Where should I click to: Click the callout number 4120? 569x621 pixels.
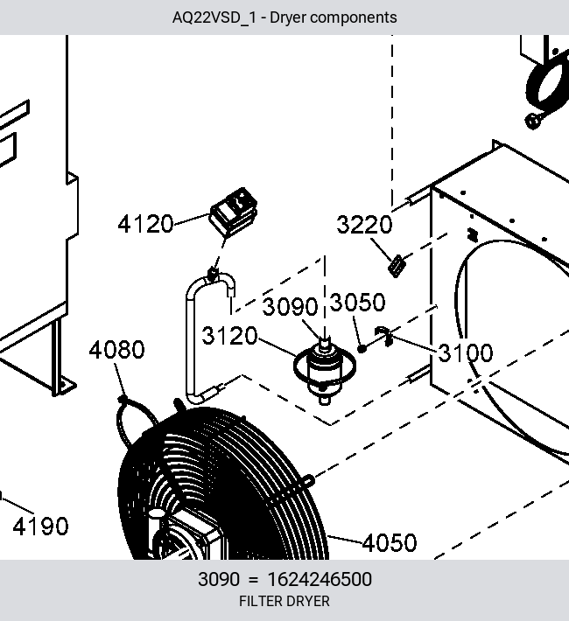[145, 224]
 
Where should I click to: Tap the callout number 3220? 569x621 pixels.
[364, 225]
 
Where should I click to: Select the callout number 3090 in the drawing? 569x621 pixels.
[291, 306]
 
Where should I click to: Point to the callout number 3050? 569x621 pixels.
[357, 303]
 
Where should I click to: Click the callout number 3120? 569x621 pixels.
[229, 336]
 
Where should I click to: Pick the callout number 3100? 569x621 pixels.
[466, 352]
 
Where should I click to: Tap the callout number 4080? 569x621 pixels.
[116, 350]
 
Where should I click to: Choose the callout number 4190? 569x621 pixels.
[40, 527]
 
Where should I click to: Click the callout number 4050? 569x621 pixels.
[390, 542]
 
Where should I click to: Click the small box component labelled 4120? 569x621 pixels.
[234, 213]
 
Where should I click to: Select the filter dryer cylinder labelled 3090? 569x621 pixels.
[325, 370]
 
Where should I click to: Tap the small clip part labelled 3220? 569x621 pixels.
[397, 266]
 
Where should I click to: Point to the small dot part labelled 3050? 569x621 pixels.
[362, 348]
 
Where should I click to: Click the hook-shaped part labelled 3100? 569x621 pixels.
[384, 336]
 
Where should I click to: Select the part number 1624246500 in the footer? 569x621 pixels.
[320, 579]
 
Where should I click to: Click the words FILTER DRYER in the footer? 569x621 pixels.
[284, 601]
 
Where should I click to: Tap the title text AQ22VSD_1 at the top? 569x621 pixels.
[214, 17]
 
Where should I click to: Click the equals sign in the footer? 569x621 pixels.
[253, 580]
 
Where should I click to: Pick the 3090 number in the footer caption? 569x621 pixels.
[219, 579]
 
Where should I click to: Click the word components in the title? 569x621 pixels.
[355, 18]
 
